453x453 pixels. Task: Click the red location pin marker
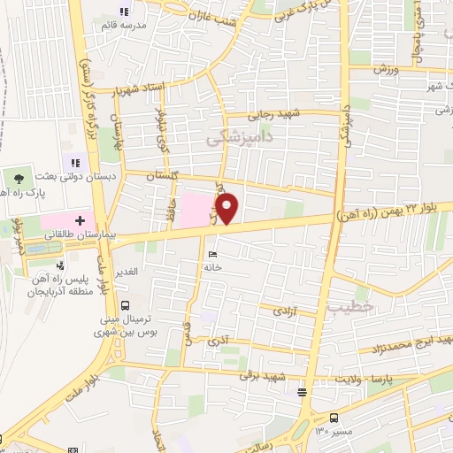point(228,210)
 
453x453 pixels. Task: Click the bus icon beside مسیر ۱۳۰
point(334,418)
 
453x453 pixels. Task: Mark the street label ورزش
point(381,68)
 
